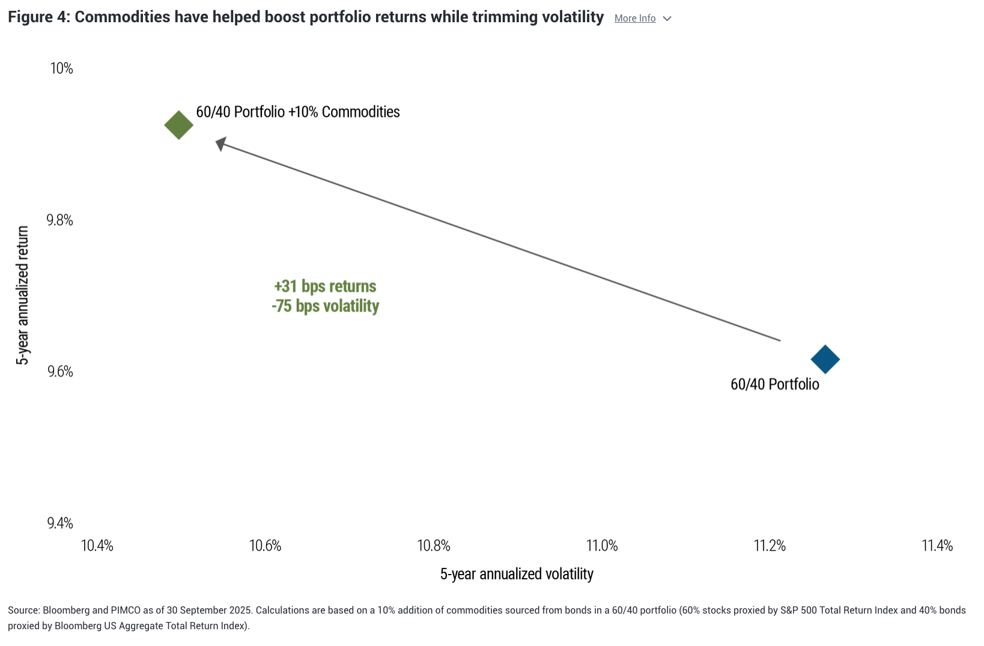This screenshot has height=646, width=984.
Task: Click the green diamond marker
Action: (x=178, y=125)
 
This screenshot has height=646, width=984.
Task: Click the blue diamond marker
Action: (x=825, y=360)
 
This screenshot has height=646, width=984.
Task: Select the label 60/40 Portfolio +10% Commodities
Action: (x=298, y=112)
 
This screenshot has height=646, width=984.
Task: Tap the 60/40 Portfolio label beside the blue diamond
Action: (x=774, y=384)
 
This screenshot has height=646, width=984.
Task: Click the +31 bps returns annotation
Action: (x=325, y=286)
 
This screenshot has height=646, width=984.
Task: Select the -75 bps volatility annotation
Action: (x=325, y=306)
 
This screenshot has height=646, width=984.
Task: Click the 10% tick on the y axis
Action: (x=61, y=68)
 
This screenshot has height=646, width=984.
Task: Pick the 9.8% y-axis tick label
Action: (x=60, y=220)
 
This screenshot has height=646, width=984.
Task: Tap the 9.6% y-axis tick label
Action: (x=60, y=372)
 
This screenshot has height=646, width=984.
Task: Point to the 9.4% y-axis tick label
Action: (x=60, y=524)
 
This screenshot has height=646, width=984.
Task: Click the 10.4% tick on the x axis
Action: (x=97, y=546)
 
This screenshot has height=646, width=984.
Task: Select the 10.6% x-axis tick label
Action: (x=266, y=546)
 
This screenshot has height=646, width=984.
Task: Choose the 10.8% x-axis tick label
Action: (x=434, y=546)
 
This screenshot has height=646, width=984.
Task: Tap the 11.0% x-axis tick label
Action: (x=602, y=546)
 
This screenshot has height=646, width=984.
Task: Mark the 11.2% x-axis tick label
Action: (x=770, y=546)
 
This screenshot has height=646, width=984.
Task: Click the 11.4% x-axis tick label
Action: (x=937, y=546)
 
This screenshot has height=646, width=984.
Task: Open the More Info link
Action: (x=635, y=19)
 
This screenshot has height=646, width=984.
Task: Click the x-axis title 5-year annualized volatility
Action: (x=517, y=574)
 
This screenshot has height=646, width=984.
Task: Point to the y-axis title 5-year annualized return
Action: (x=23, y=295)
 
